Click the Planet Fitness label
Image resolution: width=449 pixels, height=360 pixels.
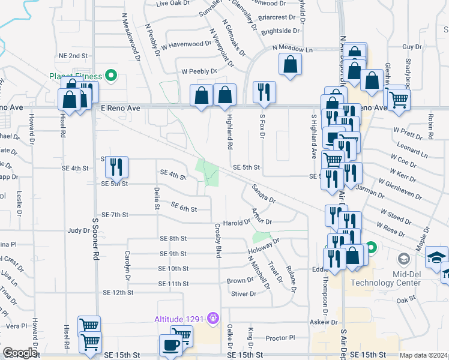[x=76, y=76]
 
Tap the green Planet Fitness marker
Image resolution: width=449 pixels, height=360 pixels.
[x=110, y=76]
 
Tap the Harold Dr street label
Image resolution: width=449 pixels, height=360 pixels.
[x=237, y=222]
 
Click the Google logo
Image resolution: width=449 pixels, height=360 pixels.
[x=20, y=353]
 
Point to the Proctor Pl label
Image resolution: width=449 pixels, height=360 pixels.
[x=280, y=338]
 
